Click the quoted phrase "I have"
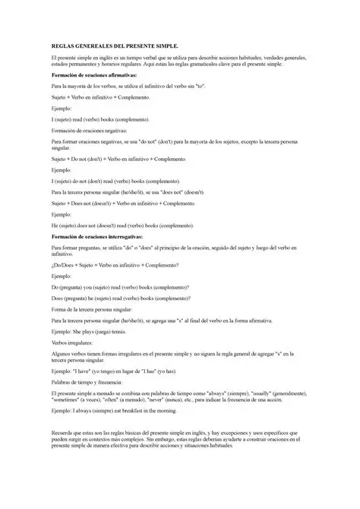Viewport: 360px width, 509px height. [92, 371]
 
